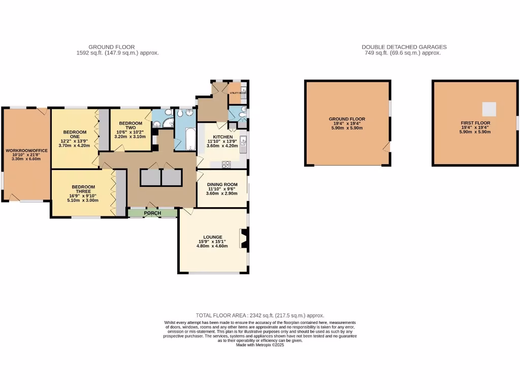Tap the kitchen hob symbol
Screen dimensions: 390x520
point(226,164)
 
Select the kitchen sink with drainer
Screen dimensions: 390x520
point(243,144)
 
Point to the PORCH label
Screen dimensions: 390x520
point(152,213)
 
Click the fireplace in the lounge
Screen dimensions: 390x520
point(244,240)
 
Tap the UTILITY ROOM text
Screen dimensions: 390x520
point(237,93)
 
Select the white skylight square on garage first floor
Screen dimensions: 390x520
point(489,108)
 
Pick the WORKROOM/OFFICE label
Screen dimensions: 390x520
point(26,151)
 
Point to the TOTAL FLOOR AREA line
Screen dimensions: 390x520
point(259,315)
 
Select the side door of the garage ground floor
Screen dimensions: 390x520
point(387,148)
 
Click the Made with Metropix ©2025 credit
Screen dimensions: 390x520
point(259,345)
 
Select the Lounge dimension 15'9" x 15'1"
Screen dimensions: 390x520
point(212,241)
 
